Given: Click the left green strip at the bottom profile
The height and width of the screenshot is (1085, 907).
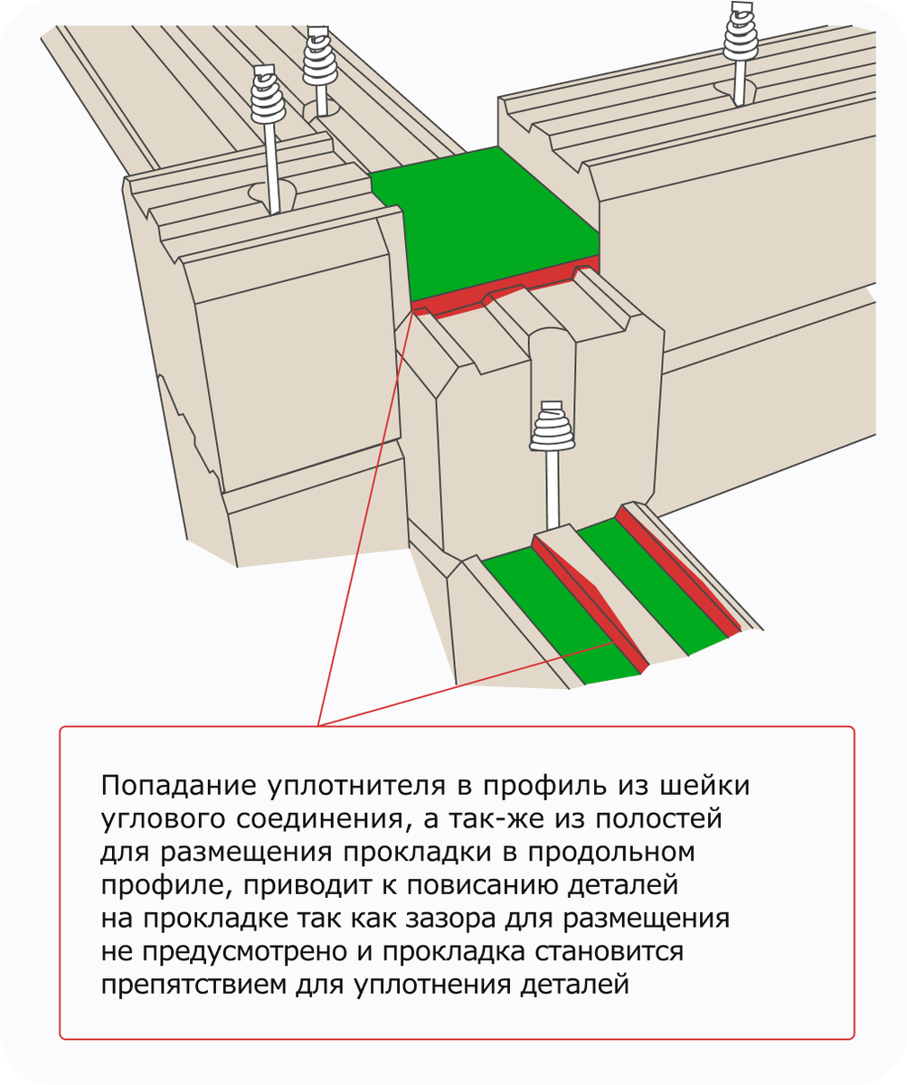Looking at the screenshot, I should [x=552, y=615].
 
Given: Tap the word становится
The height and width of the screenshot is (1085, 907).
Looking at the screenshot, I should [x=611, y=951].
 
